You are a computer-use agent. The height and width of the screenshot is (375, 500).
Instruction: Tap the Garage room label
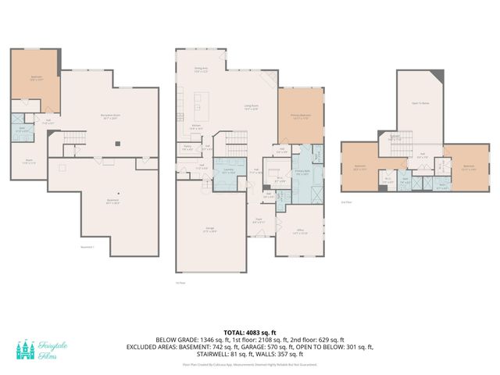209,230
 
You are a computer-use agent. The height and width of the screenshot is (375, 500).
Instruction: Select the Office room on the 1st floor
300,231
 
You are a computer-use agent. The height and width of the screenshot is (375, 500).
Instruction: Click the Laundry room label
230,170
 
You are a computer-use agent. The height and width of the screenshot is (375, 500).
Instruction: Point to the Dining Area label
201,70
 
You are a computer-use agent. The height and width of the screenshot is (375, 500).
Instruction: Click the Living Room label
251,107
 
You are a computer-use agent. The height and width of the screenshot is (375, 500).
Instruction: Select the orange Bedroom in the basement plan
36,78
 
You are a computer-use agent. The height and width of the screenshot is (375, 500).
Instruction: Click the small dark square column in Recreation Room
116,144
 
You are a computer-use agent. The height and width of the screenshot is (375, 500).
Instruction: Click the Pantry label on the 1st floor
188,147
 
